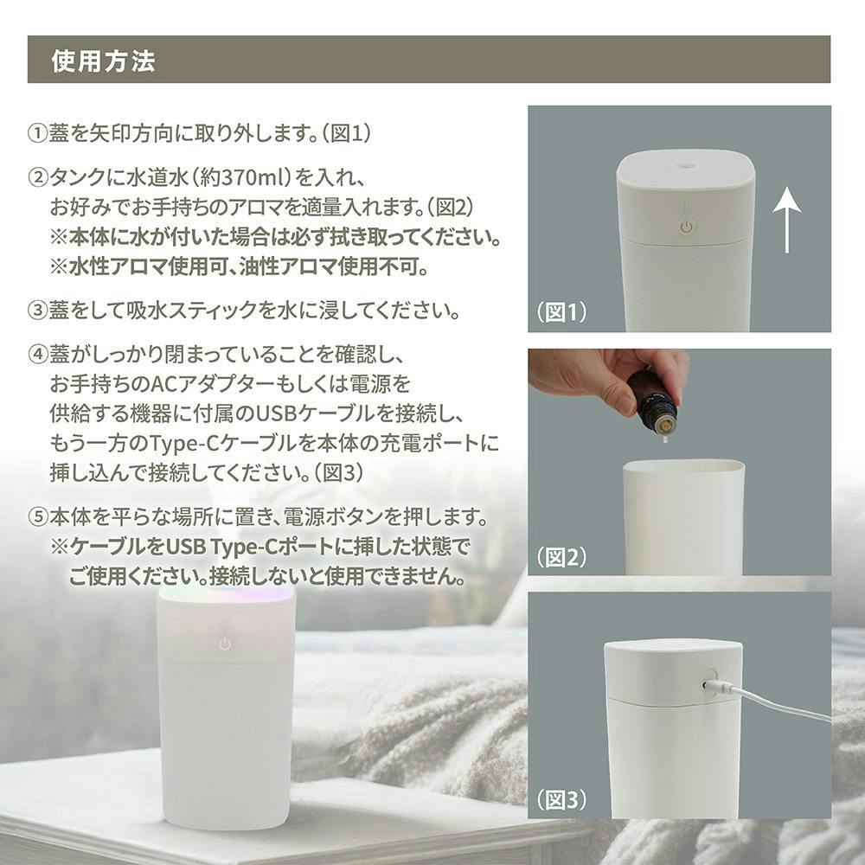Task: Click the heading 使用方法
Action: tap(103, 61)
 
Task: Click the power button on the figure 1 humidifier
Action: tap(686, 227)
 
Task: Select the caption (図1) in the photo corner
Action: tap(561, 312)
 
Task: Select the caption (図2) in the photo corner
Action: tap(561, 557)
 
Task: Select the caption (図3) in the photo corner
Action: tap(561, 799)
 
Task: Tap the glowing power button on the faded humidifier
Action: tap(224, 644)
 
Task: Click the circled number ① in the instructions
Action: tap(37, 133)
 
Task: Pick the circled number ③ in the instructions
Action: tap(37, 310)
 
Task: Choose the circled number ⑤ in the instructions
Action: tap(37, 517)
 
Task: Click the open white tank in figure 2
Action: tap(683, 518)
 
